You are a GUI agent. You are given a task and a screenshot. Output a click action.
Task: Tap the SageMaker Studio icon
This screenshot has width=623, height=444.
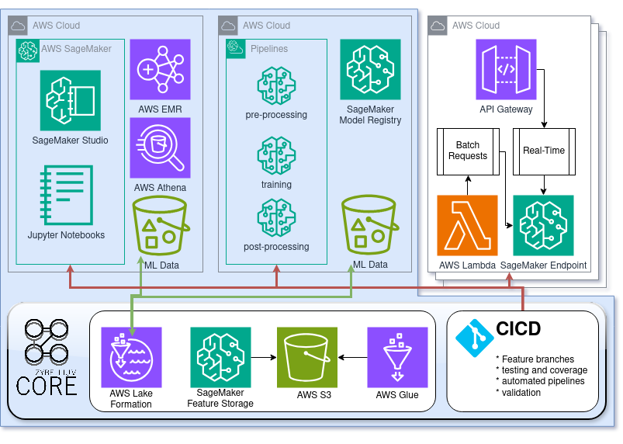point(71,101)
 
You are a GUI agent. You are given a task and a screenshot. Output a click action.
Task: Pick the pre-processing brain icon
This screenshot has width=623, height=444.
point(276,86)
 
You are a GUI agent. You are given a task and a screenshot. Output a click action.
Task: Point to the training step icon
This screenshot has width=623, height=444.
point(276,155)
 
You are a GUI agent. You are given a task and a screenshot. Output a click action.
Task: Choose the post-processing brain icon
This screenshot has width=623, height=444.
point(276,218)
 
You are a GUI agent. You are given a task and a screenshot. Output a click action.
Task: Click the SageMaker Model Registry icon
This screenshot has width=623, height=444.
point(370,69)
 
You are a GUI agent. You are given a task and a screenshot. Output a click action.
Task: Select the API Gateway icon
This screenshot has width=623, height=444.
point(506,70)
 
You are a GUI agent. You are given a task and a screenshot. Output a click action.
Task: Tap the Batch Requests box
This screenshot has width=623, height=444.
point(467,151)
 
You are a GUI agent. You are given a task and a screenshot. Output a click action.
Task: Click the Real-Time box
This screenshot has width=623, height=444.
point(544,151)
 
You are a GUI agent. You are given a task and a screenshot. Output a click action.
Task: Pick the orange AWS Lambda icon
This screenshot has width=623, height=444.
point(467,225)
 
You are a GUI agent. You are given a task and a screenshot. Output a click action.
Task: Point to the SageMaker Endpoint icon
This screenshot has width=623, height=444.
point(544,225)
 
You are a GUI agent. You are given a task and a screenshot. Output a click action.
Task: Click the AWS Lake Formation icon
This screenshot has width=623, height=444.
point(131,356)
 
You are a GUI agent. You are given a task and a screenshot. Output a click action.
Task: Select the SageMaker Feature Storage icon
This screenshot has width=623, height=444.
point(220,356)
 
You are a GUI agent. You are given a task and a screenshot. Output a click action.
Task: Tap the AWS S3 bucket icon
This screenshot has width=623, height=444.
point(307,356)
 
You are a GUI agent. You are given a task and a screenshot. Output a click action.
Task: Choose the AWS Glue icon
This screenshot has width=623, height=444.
point(397,356)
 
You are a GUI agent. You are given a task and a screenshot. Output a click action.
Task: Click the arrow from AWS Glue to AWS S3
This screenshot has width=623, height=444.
point(353,357)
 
